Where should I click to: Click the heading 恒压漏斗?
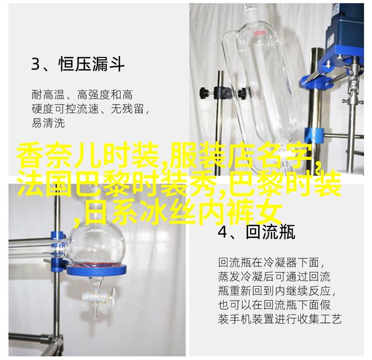91,63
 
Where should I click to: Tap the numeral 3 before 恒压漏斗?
36,64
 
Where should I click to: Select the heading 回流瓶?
270,232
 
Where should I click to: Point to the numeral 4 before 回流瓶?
223,232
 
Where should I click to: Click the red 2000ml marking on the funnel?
260,33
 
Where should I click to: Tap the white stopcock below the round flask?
98,296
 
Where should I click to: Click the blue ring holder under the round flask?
96,269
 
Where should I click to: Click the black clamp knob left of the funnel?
204,91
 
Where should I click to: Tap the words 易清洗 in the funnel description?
48,124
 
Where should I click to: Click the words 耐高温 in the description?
48,95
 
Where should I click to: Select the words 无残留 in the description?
127,109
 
